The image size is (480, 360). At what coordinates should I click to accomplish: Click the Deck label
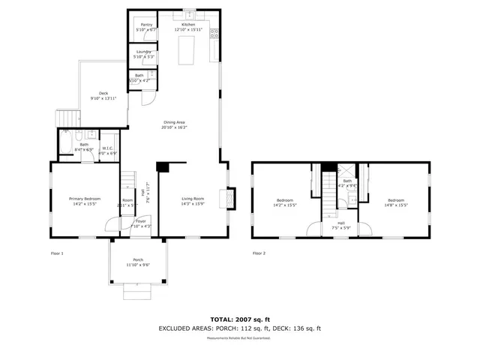pyautogui.click(x=103, y=95)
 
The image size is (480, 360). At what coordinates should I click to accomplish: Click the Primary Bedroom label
pyautogui.click(x=85, y=200)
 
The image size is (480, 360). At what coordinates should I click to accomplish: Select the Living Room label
pyautogui.click(x=193, y=200)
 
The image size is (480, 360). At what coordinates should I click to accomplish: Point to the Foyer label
pyautogui.click(x=140, y=223)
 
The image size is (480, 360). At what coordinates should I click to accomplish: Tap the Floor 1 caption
pyautogui.click(x=57, y=253)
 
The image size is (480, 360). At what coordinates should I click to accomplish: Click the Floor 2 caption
pyautogui.click(x=259, y=253)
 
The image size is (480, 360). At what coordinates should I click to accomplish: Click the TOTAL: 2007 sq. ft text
pyautogui.click(x=239, y=319)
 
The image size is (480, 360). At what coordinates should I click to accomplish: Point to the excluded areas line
pyautogui.click(x=239, y=328)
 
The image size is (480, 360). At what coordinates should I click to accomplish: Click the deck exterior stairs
pyautogui.click(x=68, y=118)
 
